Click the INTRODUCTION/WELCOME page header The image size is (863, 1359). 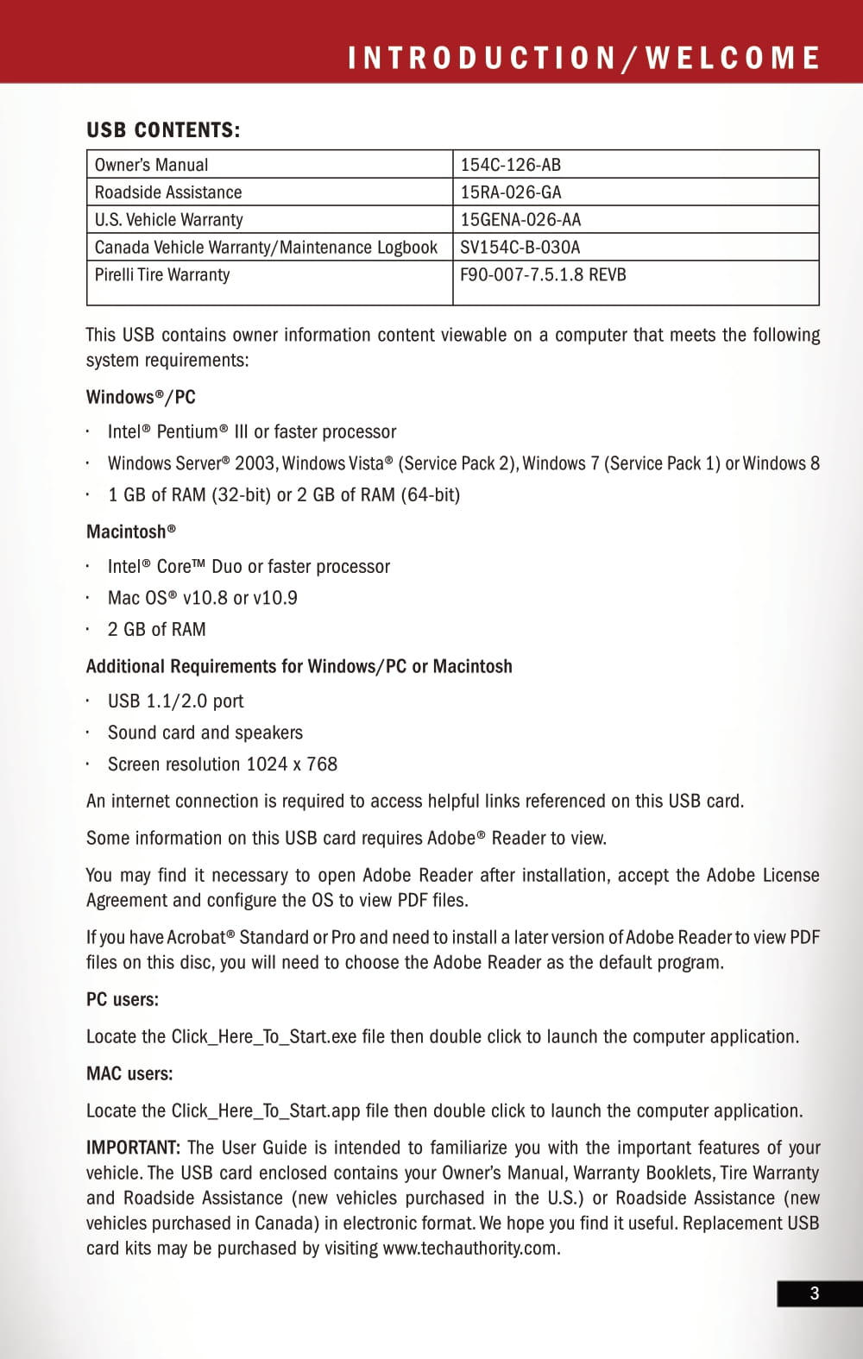[583, 58]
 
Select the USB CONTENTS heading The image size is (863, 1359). [163, 130]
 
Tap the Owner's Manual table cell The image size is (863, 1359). [151, 165]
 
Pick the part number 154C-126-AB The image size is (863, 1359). [510, 165]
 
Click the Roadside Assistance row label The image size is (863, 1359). [167, 192]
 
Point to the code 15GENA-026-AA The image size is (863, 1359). [520, 220]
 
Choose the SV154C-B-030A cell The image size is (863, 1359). [520, 248]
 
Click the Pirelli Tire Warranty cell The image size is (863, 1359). [162, 275]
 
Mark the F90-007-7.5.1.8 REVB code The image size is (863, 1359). [543, 275]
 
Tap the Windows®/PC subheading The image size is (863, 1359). [141, 397]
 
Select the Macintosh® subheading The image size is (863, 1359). [130, 532]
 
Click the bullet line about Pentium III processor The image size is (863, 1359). [251, 431]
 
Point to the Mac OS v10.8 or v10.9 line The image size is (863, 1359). [202, 598]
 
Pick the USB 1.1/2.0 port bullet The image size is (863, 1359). [175, 702]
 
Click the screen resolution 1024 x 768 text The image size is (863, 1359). [222, 764]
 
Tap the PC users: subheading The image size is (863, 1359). [123, 1000]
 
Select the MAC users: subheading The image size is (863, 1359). [129, 1074]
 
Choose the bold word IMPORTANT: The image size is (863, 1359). [133, 1148]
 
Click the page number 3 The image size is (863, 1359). [814, 1293]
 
